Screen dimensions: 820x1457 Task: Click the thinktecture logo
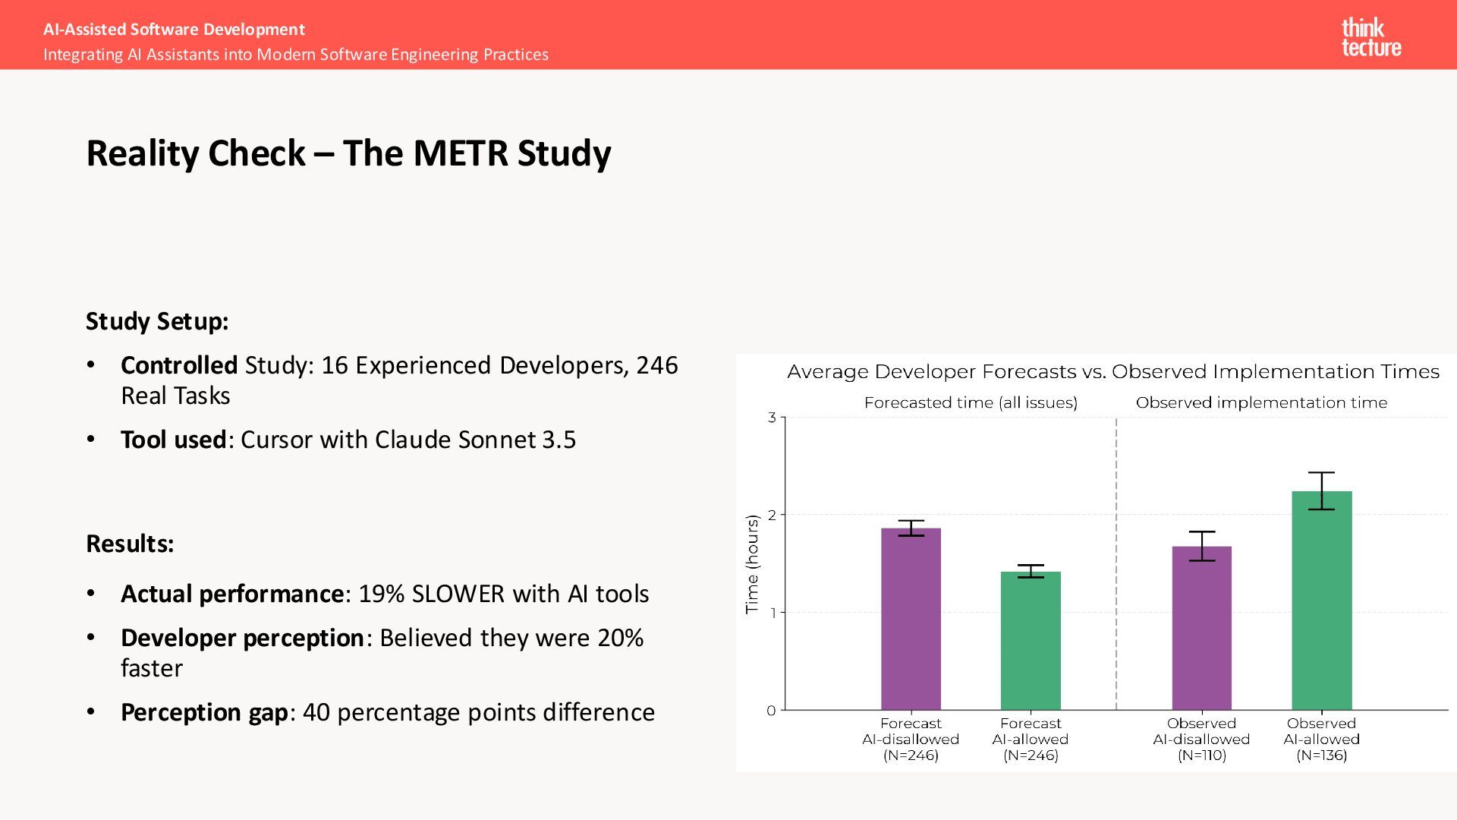(1370, 37)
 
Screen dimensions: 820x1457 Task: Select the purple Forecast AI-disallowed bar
(911, 619)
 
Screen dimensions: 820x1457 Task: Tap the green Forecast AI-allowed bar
(1031, 641)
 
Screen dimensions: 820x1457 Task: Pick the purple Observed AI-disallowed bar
(1201, 628)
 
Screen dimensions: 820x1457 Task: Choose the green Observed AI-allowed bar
(1321, 601)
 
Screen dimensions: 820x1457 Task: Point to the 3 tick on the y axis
(772, 418)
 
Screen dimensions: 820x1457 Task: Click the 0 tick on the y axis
(772, 711)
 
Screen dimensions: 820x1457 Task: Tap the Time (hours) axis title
(752, 564)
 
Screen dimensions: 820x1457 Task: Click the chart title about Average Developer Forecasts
(1112, 372)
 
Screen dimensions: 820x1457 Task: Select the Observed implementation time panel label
(1261, 403)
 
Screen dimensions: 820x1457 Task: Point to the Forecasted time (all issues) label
(971, 403)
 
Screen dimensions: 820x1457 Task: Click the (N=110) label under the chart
(1201, 755)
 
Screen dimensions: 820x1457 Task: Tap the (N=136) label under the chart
(1321, 755)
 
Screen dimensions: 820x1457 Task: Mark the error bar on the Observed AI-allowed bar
(1321, 490)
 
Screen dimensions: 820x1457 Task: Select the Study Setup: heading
(157, 321)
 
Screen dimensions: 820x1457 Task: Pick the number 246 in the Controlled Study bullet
(657, 365)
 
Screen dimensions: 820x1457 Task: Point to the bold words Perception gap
(204, 712)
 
